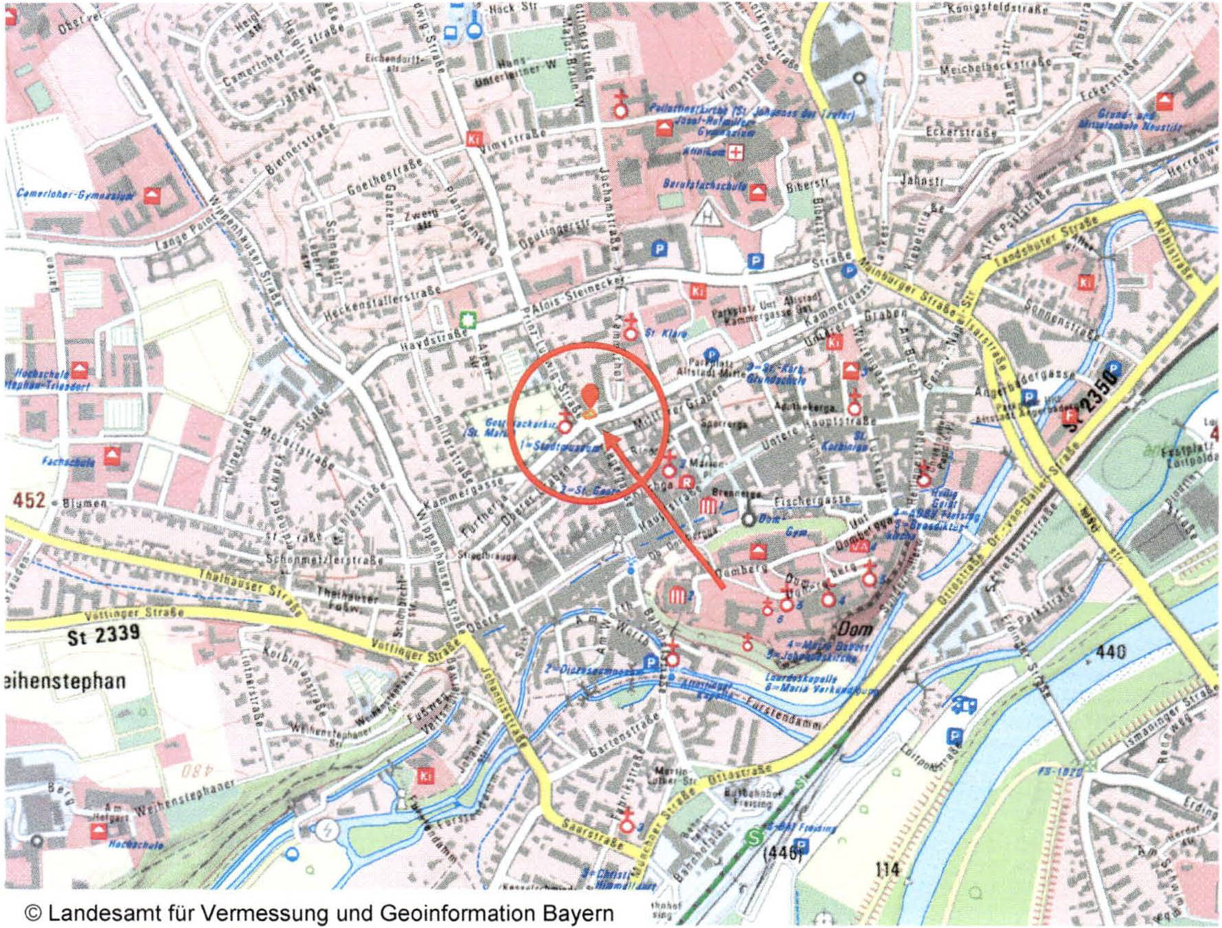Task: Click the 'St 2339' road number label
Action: click(103, 635)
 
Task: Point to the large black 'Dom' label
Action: click(856, 628)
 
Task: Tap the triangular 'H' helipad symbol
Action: click(706, 215)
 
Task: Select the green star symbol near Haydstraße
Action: click(468, 320)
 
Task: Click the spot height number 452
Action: click(29, 500)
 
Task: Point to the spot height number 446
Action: click(783, 854)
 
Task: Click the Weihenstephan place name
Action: click(65, 682)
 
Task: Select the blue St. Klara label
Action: click(666, 333)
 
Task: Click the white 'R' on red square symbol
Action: click(686, 482)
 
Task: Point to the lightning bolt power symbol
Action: click(326, 830)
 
